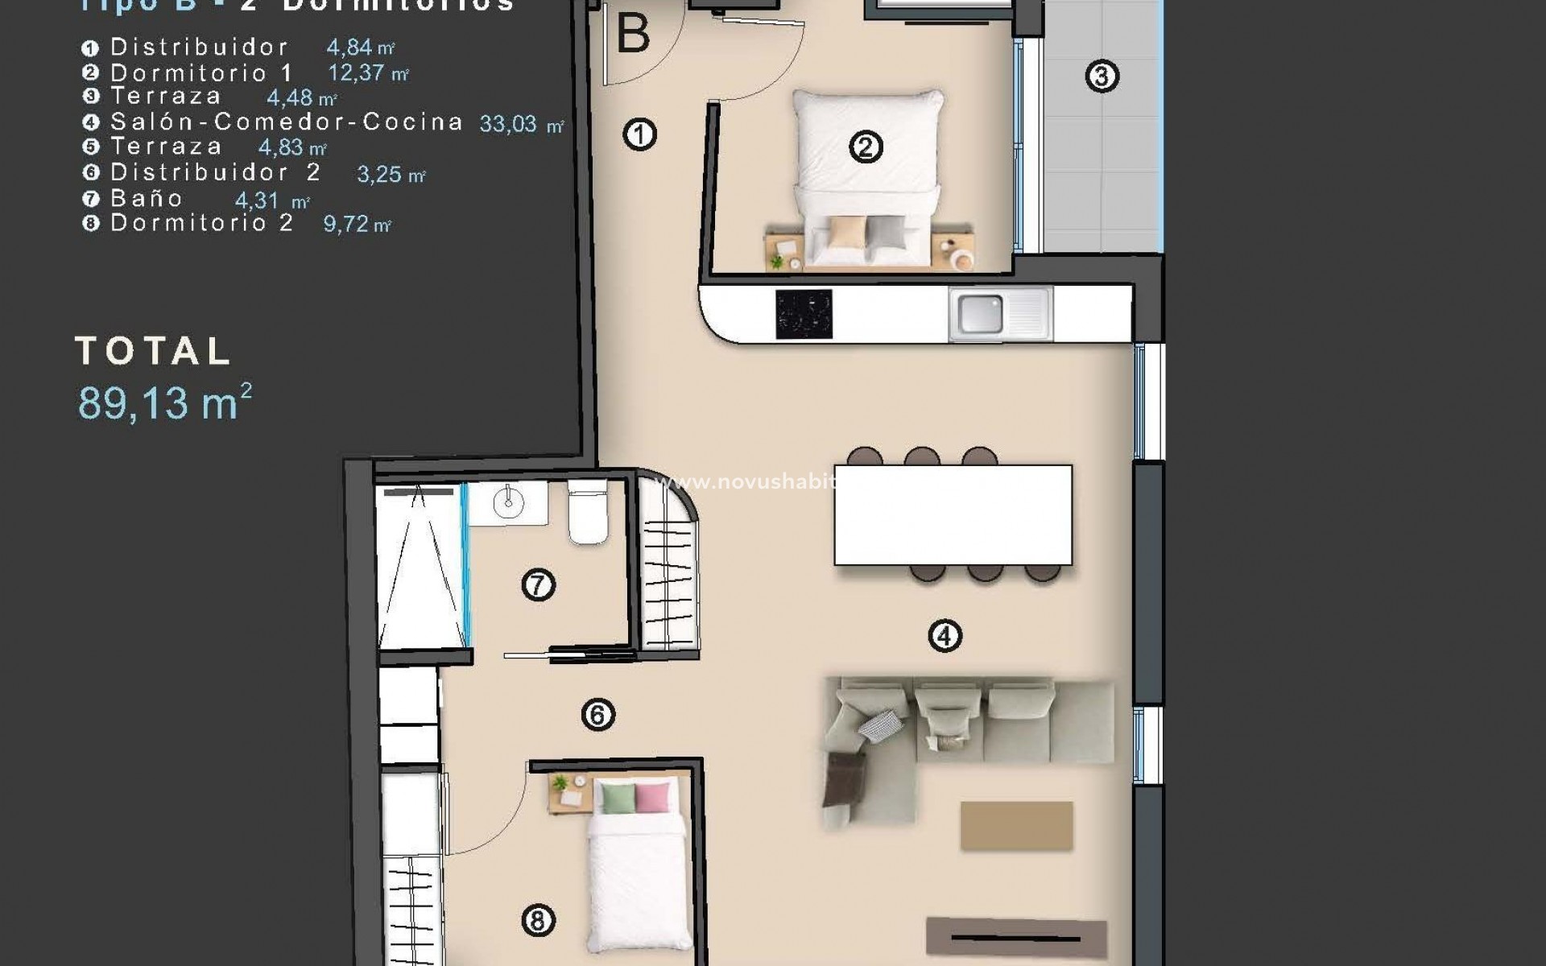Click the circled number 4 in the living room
pyautogui.click(x=945, y=636)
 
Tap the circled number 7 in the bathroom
pyautogui.click(x=538, y=584)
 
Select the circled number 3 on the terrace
pyautogui.click(x=1102, y=76)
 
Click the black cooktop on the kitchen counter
pyautogui.click(x=803, y=314)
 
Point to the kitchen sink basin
pyautogui.click(x=980, y=314)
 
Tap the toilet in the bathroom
pyautogui.click(x=588, y=515)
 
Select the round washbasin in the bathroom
pyautogui.click(x=508, y=504)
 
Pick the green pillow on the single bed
pyautogui.click(x=617, y=797)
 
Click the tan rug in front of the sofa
pyautogui.click(x=1016, y=825)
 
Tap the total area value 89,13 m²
pyautogui.click(x=165, y=402)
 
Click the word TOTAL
pyautogui.click(x=153, y=351)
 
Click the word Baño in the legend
pyautogui.click(x=147, y=198)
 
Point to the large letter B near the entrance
pyautogui.click(x=633, y=35)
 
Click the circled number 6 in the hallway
pyautogui.click(x=597, y=714)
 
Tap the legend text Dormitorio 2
pyautogui.click(x=201, y=223)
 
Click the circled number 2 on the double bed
pyautogui.click(x=866, y=147)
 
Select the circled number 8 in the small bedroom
pyautogui.click(x=538, y=919)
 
